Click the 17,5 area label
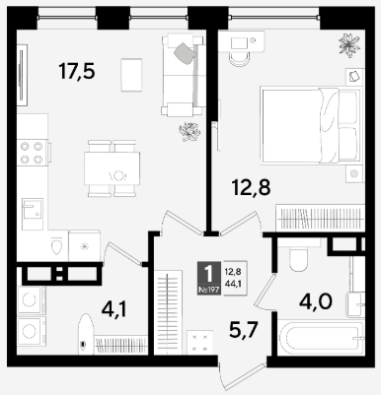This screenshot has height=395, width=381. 77,72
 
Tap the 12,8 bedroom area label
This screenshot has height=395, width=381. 251,187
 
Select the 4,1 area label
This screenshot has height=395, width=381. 114,310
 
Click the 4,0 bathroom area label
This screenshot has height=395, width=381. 316,302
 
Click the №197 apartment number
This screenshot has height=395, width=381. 209,291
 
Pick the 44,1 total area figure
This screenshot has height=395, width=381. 233,284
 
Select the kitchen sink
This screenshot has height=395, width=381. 33,214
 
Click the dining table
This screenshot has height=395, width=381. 112,168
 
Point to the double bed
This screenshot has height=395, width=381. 309,125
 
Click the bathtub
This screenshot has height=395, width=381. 321,338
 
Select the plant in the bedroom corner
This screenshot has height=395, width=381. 349,44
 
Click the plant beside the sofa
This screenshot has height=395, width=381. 190,131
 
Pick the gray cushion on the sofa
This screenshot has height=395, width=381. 185,53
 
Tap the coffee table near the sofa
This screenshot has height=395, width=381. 131,75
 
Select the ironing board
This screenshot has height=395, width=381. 87,334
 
